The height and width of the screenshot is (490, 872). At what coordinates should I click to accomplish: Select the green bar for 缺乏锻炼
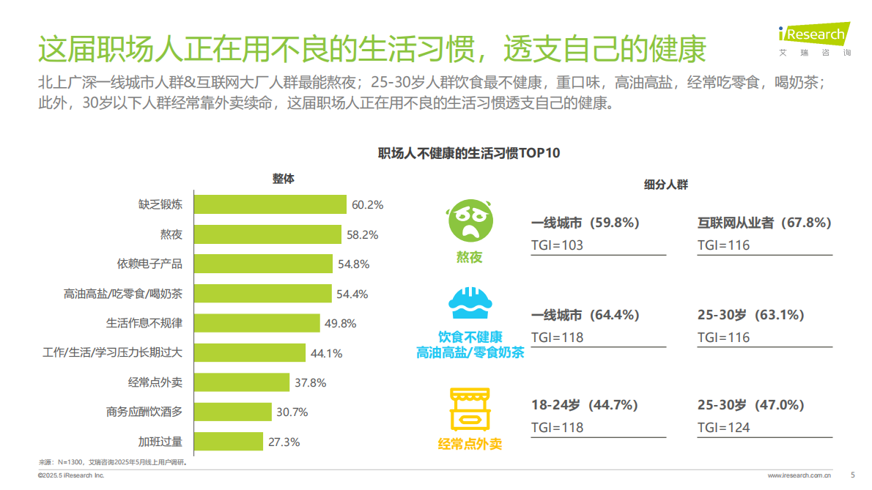click(270, 204)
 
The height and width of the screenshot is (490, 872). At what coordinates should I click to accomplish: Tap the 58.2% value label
click(363, 235)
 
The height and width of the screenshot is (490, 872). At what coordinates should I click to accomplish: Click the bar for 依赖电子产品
click(267, 264)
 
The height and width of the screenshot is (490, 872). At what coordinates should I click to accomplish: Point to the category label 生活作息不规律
click(144, 323)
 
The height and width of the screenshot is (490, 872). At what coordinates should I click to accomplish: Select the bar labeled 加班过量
click(228, 442)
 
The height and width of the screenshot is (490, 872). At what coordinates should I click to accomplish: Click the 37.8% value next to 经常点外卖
click(310, 382)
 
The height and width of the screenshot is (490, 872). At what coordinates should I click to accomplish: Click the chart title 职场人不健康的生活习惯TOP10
click(469, 153)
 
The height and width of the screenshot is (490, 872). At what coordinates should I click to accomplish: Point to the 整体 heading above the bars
click(283, 179)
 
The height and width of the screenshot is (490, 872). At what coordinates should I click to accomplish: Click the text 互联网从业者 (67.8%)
click(764, 223)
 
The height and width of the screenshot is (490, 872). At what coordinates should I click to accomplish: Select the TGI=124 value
click(723, 427)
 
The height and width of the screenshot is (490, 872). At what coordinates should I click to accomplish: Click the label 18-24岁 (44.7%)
click(584, 405)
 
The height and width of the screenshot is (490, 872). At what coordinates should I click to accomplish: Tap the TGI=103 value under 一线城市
click(557, 245)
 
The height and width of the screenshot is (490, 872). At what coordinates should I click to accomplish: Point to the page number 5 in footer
click(852, 475)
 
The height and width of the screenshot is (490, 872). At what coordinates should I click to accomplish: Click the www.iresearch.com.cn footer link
click(799, 475)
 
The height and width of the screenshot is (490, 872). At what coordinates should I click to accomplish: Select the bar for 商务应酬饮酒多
click(232, 412)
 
